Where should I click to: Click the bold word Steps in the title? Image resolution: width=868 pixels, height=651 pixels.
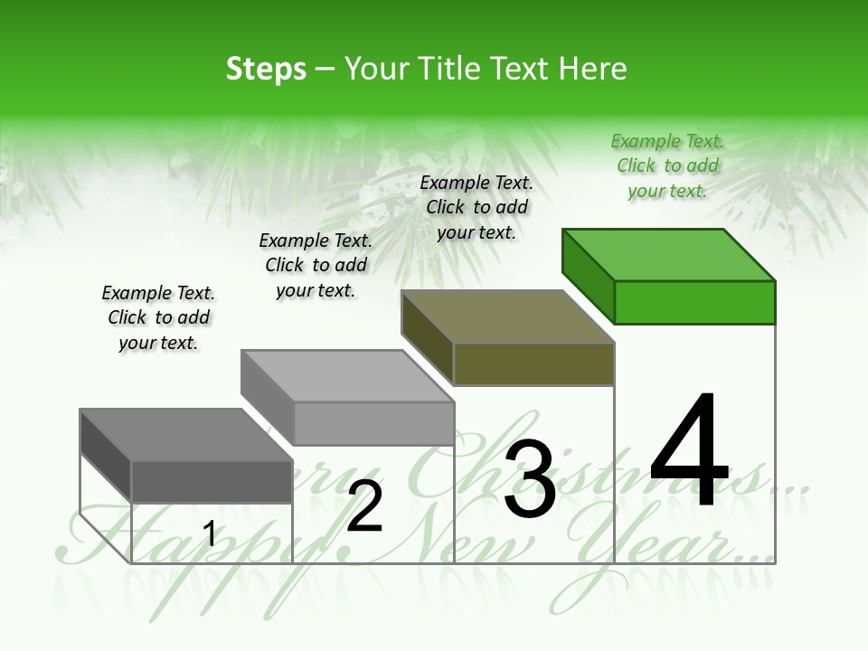pos(266,69)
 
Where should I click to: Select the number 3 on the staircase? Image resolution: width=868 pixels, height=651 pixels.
pos(530,480)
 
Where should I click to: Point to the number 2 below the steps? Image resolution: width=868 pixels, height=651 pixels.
pos(365,506)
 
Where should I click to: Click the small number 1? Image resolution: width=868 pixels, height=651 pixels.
pos(210,533)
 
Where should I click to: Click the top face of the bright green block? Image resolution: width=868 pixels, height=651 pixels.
pos(668,254)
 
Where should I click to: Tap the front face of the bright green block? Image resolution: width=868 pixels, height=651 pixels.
pos(694,302)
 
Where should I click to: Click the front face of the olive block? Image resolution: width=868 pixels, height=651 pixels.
pos(533,363)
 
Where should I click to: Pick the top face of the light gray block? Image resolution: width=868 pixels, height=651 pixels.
pos(347,375)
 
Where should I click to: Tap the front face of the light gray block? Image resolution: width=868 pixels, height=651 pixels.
pos(373,423)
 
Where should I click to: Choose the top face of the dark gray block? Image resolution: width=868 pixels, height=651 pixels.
pos(186,434)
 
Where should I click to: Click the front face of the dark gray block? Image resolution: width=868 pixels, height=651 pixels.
pos(212,481)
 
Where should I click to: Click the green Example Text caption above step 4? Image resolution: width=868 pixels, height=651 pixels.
pos(667,165)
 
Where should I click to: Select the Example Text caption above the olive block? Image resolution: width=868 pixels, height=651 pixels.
pos(476,207)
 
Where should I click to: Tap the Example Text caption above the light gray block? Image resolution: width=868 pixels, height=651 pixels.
pos(316,265)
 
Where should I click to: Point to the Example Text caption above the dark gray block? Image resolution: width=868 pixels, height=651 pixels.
pos(158,317)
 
